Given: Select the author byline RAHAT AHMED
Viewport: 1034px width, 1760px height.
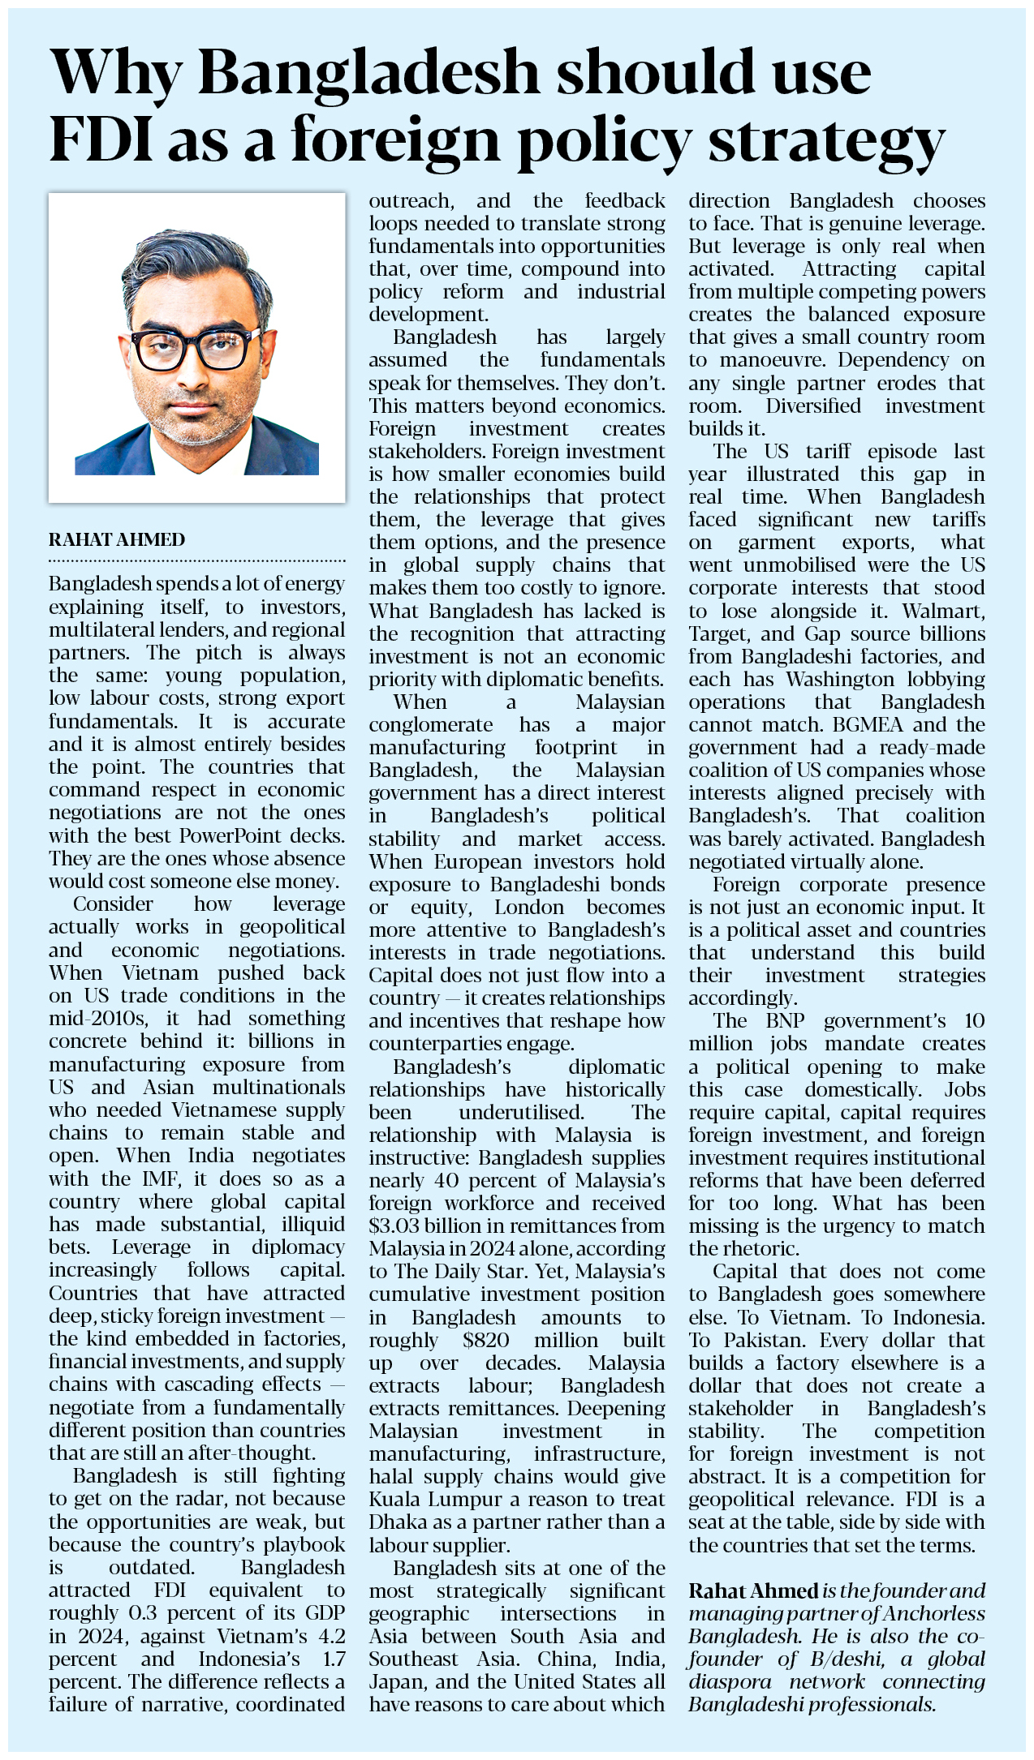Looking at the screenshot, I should (x=117, y=539).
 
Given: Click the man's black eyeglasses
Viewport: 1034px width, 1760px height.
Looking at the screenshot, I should (x=195, y=347).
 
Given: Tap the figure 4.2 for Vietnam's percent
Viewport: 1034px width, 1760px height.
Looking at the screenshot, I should (x=326, y=1636).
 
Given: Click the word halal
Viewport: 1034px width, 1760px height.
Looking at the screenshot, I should (x=393, y=1477).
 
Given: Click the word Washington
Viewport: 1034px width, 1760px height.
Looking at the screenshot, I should (x=843, y=679).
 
